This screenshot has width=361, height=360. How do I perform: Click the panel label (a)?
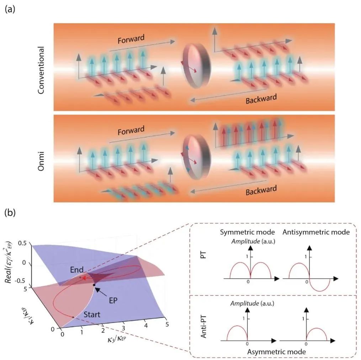10,10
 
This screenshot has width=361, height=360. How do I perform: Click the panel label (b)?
10,213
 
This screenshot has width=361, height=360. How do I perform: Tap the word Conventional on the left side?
41,70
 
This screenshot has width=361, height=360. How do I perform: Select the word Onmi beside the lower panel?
41,161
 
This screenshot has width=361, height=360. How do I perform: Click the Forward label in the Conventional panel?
131,39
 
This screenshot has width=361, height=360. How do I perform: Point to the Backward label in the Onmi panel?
261,190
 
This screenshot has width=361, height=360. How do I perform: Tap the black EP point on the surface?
94,285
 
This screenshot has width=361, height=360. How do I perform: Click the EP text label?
113,301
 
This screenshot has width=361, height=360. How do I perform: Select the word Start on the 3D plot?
92,314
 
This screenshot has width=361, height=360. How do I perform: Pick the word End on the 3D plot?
77,270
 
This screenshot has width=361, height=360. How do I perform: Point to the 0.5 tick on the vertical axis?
22,243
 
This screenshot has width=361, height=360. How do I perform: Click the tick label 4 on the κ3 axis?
146,325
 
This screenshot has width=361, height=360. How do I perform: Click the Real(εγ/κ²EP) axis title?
9,262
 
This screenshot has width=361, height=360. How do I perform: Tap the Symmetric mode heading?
247,232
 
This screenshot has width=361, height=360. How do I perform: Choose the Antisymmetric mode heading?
316,232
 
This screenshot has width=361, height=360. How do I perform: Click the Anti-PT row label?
203,326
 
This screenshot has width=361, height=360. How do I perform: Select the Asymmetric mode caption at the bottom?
276,352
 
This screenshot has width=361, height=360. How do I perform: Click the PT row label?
203,255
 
